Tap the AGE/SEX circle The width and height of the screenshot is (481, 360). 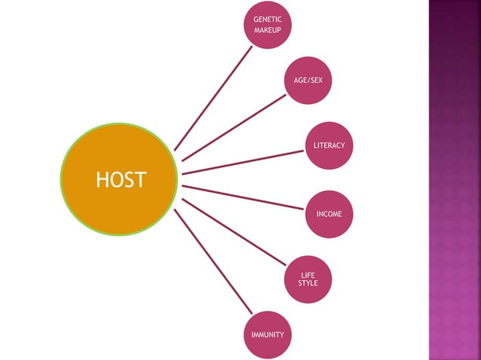(x=308, y=80)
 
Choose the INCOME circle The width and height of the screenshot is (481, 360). (x=329, y=214)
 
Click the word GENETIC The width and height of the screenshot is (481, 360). (x=268, y=19)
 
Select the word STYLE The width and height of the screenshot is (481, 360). (x=308, y=283)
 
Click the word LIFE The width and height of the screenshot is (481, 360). (x=308, y=276)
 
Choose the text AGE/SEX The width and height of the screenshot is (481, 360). (x=308, y=80)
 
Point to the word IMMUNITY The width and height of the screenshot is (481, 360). (x=268, y=334)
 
